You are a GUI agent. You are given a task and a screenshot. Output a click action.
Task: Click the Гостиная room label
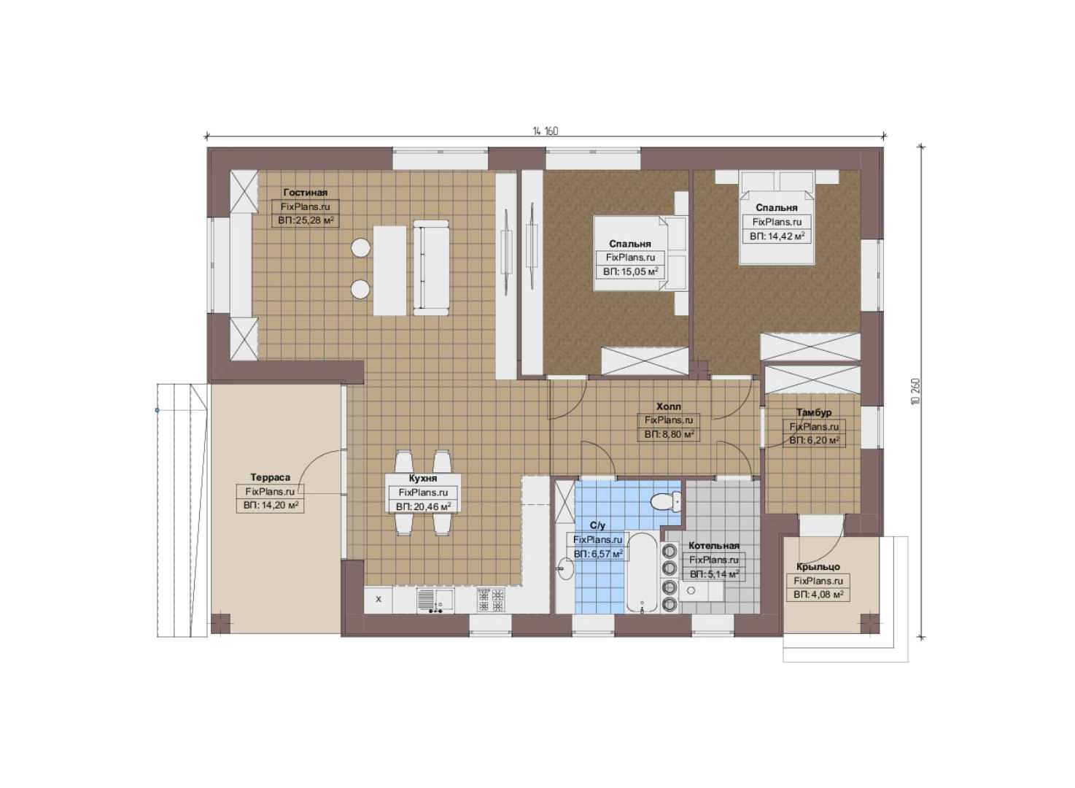(x=306, y=193)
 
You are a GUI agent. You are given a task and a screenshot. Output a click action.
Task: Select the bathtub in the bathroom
(x=642, y=572)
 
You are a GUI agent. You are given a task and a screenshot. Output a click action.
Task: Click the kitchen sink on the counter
(x=435, y=600)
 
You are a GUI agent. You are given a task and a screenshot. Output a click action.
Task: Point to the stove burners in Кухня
(x=491, y=600)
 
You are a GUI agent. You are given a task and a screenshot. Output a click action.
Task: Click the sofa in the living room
(x=431, y=268)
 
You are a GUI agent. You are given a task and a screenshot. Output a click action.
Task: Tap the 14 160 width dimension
(x=546, y=131)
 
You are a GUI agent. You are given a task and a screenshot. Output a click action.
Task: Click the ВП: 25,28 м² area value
(x=306, y=221)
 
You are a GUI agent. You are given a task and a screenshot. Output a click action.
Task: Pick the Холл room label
(x=669, y=406)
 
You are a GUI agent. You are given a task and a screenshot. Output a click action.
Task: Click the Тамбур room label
(x=814, y=412)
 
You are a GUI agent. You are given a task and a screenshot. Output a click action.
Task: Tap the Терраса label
(x=270, y=477)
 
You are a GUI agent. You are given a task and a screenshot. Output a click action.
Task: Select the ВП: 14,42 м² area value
(x=777, y=236)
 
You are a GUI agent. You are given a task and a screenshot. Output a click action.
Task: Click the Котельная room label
(x=714, y=546)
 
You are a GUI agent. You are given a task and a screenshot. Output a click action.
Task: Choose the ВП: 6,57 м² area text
(x=598, y=554)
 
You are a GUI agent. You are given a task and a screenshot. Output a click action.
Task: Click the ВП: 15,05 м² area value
(x=630, y=272)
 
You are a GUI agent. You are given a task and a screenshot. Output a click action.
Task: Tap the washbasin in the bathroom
(x=565, y=570)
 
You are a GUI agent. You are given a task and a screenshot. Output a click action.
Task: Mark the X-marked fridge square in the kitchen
(x=379, y=599)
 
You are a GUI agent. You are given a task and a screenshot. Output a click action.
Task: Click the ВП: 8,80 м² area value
(x=669, y=435)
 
